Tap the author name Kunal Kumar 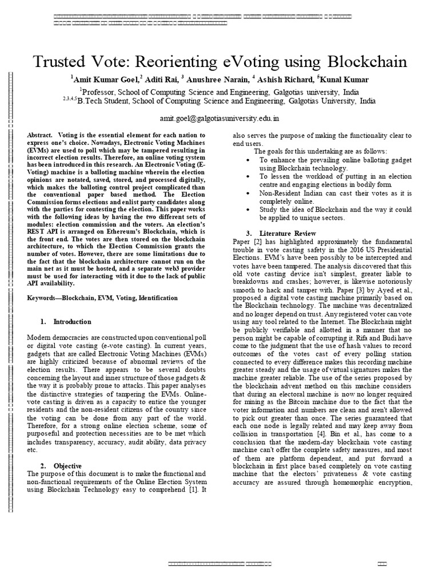pyautogui.click(x=347, y=80)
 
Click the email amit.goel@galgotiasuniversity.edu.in pyautogui.click(x=219, y=118)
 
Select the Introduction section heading pyautogui.click(x=72, y=322)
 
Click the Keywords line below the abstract pyautogui.click(x=102, y=298)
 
